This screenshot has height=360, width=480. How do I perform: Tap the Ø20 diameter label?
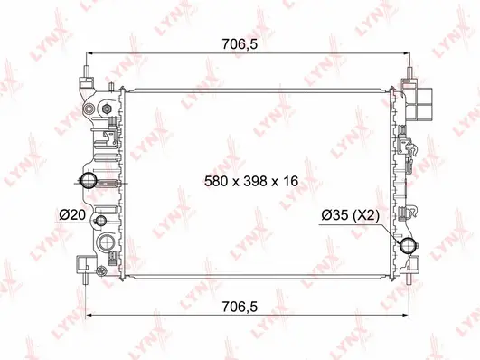point(72,214)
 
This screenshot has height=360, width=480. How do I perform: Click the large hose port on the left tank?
point(90,183)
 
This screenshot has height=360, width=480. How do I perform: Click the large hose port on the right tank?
point(408,246)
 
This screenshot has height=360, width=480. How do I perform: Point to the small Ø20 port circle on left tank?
point(100,222)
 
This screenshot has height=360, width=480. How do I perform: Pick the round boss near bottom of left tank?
point(108,242)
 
